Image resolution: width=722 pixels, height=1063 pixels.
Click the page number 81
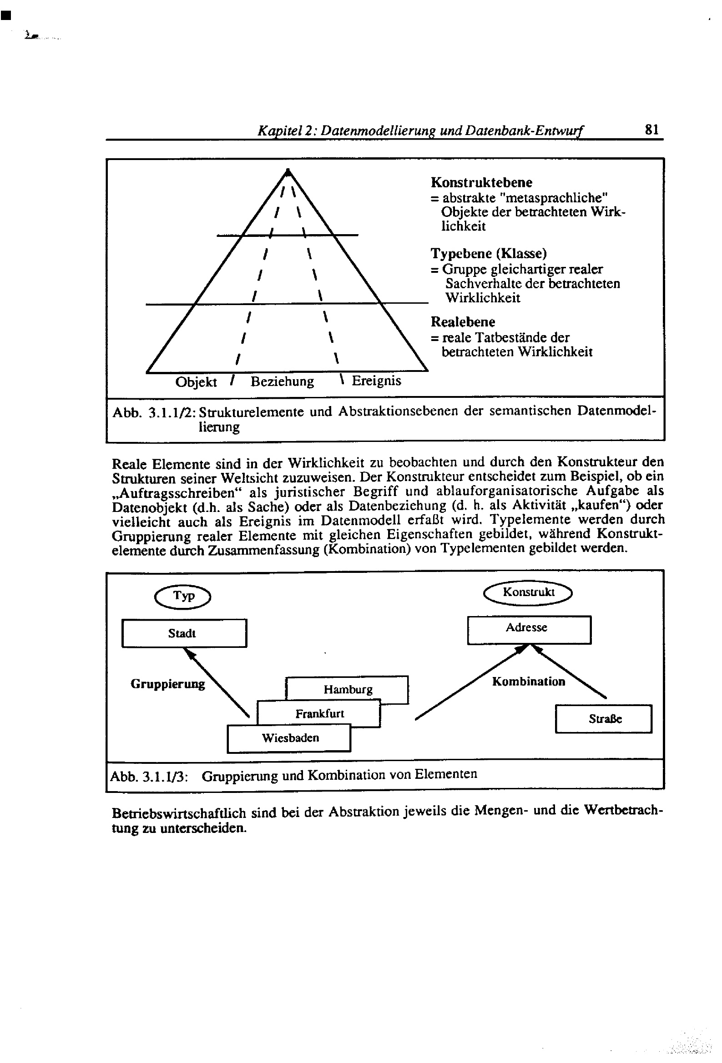[651, 130]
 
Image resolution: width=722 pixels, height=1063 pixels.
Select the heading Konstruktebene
[481, 182]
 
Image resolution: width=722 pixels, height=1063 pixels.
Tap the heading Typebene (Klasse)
[488, 253]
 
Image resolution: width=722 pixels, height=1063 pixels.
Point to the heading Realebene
[462, 322]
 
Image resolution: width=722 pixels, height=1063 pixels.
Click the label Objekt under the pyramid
[196, 382]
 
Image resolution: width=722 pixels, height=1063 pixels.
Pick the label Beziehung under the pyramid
[282, 381]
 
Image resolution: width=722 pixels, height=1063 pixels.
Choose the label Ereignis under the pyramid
[376, 381]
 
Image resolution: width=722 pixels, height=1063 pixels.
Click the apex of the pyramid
[288, 171]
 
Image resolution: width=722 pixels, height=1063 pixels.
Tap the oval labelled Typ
[183, 597]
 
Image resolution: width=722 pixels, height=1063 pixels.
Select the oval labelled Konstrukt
[528, 593]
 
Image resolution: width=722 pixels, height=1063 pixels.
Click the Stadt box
[184, 633]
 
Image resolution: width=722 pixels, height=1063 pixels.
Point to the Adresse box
[529, 630]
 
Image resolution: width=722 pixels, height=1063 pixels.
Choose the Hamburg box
[348, 689]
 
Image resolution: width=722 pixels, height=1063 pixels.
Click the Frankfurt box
[319, 713]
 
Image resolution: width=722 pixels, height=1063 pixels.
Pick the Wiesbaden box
[290, 738]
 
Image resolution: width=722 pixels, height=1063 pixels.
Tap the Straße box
[603, 719]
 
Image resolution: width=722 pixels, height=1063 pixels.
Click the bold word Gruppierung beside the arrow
[167, 684]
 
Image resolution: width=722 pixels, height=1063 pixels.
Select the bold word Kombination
[528, 682]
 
